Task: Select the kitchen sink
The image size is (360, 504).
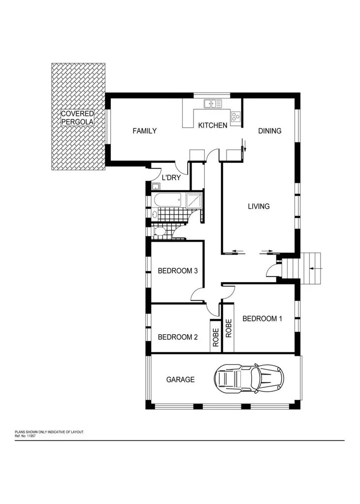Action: pos(213,103)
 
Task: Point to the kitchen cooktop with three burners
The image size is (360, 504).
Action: pos(235,117)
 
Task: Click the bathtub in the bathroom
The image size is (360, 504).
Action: pos(167,200)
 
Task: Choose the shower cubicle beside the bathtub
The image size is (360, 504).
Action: pos(194,200)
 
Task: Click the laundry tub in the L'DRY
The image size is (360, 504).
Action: pos(156,186)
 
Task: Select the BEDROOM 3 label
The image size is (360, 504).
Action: pos(177,271)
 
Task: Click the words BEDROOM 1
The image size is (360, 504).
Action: pos(262,318)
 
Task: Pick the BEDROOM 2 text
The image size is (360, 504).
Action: pos(177,337)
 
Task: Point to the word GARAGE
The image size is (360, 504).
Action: pos(180,379)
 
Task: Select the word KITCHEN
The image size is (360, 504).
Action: pos(212,126)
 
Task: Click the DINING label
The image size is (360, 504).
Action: pos(270,131)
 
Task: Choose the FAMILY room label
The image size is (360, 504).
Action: pos(145,131)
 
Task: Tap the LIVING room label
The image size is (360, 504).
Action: pos(259,206)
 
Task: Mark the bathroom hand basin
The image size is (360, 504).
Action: pos(155,214)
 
